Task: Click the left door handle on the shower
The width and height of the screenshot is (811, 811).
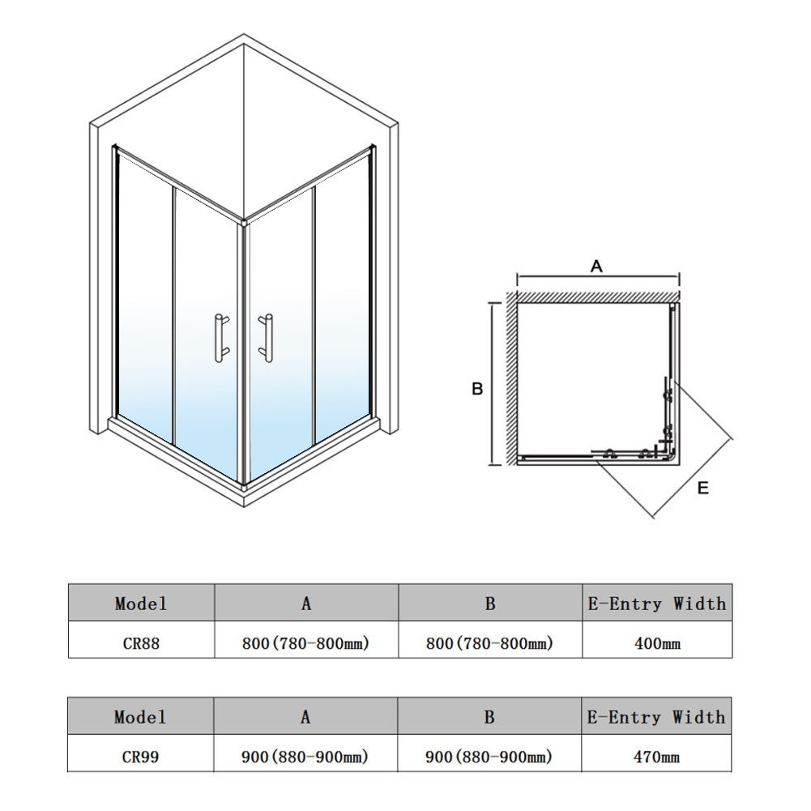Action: pos(220,338)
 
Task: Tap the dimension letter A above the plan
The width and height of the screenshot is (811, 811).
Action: pos(596,267)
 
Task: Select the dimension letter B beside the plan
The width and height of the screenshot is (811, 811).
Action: pos(477,388)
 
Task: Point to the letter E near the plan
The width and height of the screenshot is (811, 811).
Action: pos(703,488)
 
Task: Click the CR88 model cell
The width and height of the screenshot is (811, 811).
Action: pos(141,643)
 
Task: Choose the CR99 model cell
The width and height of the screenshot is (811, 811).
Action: pos(140,757)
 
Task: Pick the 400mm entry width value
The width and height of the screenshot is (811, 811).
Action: pos(657,643)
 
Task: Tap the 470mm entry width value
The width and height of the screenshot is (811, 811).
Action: pos(656,758)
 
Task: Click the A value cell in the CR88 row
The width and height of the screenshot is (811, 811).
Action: pos(305,643)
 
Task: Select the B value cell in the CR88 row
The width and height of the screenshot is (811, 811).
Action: pos(490,643)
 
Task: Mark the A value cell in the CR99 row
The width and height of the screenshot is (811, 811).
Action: pos(305,757)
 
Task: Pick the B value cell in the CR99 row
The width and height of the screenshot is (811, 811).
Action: pos(489,757)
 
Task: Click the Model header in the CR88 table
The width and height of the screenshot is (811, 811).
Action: pos(141,604)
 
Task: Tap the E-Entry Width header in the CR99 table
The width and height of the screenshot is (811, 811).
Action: pos(656,717)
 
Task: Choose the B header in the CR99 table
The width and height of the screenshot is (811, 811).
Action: pos(489,717)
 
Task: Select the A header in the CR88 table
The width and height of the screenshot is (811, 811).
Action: pos(306,604)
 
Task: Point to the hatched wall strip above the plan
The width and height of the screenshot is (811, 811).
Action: pos(598,297)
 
